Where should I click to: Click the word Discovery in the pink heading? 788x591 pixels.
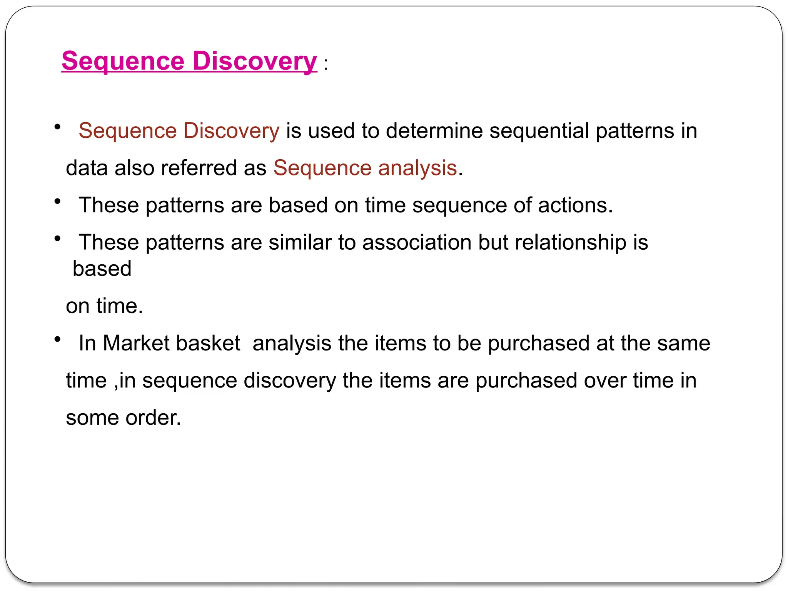click(254, 61)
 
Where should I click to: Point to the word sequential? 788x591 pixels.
click(539, 131)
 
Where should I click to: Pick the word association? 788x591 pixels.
click(417, 242)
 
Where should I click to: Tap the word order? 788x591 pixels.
click(153, 418)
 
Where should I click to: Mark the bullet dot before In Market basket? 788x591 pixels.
click(58, 339)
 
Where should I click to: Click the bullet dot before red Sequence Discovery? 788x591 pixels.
click(58, 127)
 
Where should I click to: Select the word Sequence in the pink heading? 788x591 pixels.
click(123, 61)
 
